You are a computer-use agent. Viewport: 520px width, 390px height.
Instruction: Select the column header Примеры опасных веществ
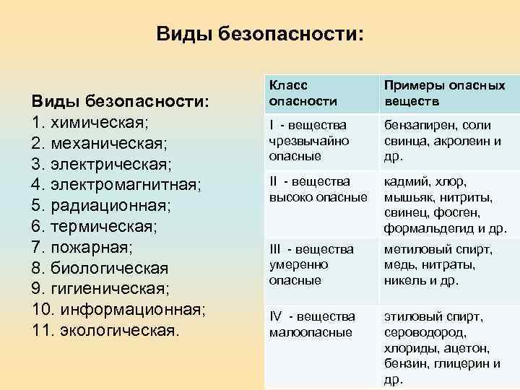pyautogui.click(x=444, y=92)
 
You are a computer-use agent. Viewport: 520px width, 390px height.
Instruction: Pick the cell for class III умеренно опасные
pyautogui.click(x=311, y=264)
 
